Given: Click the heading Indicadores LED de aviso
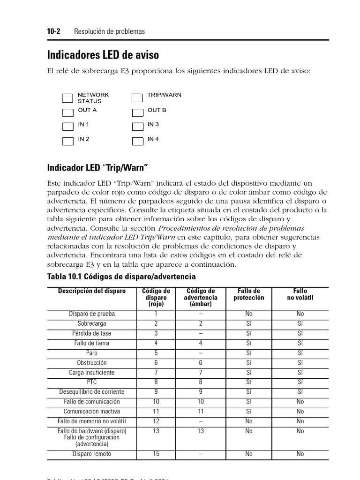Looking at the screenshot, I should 103,55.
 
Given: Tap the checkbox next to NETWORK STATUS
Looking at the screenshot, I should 68,97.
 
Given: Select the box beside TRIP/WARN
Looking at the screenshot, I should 137,97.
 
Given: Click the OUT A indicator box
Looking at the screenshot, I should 68,112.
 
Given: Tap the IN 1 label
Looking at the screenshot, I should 83,124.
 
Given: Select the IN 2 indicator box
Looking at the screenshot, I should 68,141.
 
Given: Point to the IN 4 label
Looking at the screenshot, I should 153,139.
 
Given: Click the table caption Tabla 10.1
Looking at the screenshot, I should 121,277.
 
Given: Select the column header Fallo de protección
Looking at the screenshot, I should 248,294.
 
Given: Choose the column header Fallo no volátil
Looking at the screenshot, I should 300,294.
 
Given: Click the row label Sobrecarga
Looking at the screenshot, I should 92,324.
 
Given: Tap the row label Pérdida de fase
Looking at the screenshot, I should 92,334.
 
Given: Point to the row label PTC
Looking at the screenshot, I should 92,382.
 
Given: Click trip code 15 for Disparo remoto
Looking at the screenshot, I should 156,454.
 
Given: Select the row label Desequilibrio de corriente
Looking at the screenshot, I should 92,392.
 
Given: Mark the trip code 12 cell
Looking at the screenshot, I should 156,421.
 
